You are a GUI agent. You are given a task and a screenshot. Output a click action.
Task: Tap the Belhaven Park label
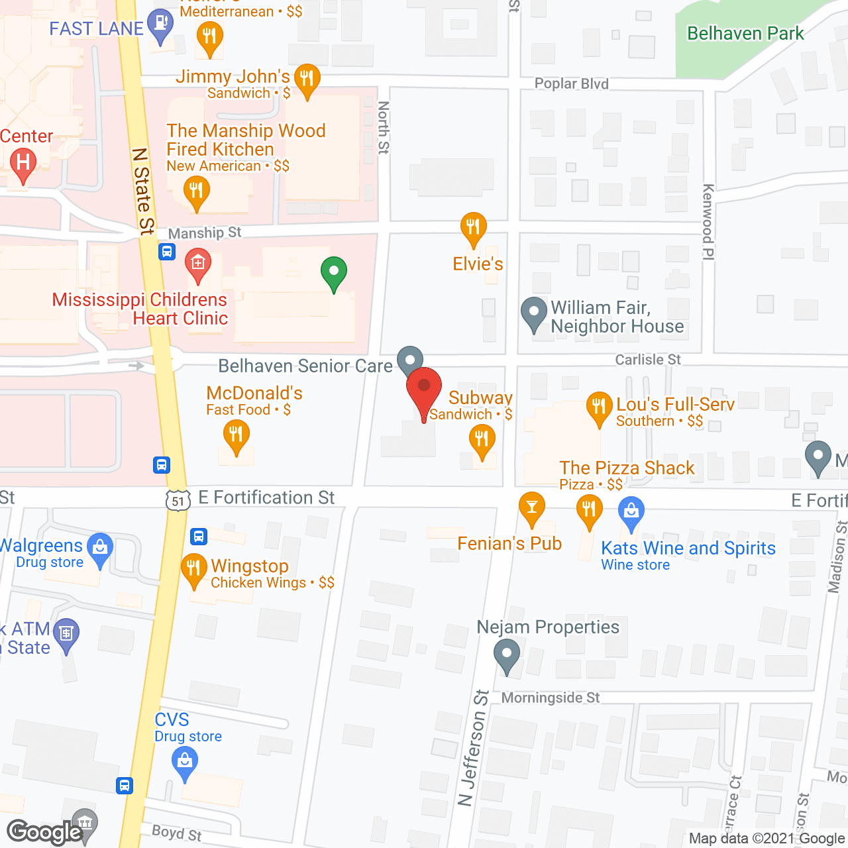pos(745,33)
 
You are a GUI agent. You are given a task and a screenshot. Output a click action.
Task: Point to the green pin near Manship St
pos(334,272)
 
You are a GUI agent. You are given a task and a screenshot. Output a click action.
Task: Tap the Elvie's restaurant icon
pos(473,228)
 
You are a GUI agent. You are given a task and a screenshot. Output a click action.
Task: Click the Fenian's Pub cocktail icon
pos(531,507)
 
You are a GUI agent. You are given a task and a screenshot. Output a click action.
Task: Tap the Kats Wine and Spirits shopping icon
pos(631,512)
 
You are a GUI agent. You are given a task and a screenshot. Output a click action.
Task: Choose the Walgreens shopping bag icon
pos(100,549)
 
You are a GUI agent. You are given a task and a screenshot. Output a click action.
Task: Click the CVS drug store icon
pos(185,762)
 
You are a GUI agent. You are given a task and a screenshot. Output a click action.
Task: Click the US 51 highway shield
pos(178,501)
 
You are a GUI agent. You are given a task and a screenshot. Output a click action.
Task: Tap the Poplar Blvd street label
pos(571,83)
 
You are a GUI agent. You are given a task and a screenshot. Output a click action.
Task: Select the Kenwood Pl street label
pos(708,221)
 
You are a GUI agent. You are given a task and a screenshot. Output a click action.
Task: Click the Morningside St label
pos(550,698)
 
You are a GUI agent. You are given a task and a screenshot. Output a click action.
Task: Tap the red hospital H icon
pos(24,163)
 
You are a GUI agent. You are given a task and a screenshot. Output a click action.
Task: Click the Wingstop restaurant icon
pos(193,568)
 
